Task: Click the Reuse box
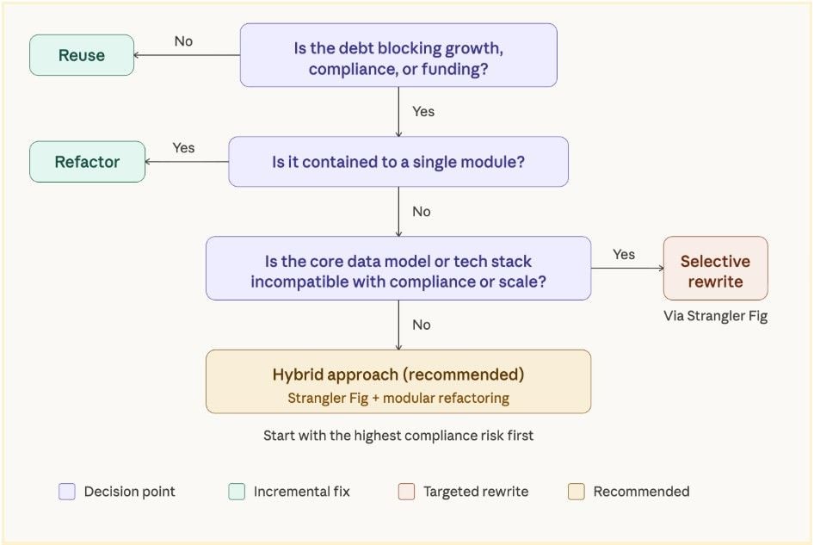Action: click(82, 55)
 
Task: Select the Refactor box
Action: click(87, 162)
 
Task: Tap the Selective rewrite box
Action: click(715, 268)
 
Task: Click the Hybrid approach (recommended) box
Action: click(398, 381)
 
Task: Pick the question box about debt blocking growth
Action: click(398, 55)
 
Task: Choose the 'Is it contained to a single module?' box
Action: click(398, 162)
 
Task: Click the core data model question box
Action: click(398, 268)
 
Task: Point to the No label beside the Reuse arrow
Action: click(183, 41)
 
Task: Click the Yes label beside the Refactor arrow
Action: click(183, 148)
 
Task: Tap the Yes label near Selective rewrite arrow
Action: click(624, 255)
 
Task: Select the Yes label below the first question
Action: click(423, 112)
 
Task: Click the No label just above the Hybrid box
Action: click(421, 325)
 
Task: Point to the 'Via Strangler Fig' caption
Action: click(715, 316)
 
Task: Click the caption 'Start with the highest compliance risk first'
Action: click(398, 436)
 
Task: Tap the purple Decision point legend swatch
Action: click(67, 492)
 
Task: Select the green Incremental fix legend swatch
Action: click(237, 492)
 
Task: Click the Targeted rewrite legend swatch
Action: click(406, 492)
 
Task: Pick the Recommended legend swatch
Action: click(577, 492)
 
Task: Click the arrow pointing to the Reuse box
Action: click(187, 55)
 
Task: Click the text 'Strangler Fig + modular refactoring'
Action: click(398, 398)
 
